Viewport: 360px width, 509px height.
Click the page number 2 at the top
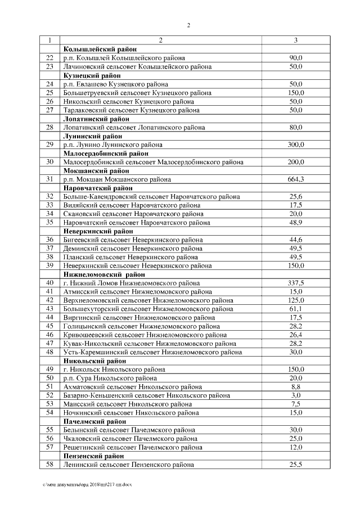pos(188,25)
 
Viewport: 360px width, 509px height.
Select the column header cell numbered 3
pos(296,40)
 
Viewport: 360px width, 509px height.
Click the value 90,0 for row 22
pos(296,58)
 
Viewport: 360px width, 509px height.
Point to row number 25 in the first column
pos(49,93)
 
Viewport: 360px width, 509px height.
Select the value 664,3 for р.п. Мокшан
pos(296,179)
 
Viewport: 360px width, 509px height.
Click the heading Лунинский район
pos(93,136)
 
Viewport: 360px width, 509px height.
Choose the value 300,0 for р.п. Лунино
pos(296,145)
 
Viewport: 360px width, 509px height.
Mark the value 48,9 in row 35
pos(296,223)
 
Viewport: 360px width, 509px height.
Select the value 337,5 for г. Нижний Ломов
pos(296,283)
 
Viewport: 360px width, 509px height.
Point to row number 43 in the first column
pos(49,309)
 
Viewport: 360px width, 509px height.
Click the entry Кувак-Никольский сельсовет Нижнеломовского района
pos(150,344)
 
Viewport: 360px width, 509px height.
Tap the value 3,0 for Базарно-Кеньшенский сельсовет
pos(296,395)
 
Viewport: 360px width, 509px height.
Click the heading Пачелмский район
pos(94,421)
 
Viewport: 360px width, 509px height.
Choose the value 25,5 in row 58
pos(296,465)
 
